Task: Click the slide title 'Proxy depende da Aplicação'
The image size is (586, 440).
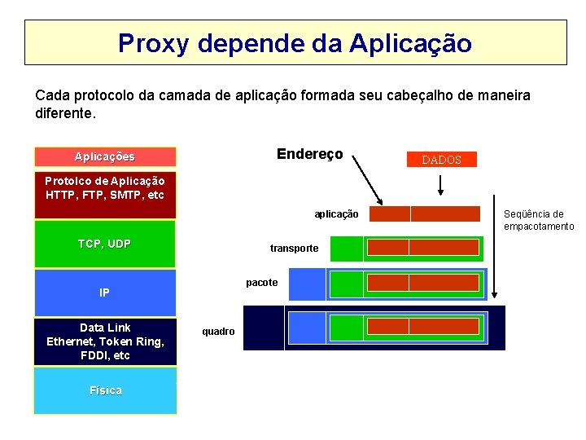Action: (295, 43)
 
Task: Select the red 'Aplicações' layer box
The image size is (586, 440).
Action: (105, 156)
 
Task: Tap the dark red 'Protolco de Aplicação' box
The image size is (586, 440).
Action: (105, 195)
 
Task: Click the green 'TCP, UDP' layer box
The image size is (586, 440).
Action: (105, 244)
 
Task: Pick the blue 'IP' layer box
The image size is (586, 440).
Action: (105, 293)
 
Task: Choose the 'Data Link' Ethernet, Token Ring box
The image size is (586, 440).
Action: (105, 341)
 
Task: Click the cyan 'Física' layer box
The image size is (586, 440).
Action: (105, 390)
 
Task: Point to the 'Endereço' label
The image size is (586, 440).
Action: (309, 154)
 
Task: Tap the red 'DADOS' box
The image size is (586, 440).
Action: (441, 160)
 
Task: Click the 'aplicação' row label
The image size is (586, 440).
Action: (336, 214)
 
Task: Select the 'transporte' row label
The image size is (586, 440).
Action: (294, 249)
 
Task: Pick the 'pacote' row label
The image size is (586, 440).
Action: (261, 283)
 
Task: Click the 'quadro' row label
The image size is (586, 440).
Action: (218, 332)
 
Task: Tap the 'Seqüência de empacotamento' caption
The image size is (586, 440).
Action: (538, 220)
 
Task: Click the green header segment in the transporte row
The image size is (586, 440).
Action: (346, 249)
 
